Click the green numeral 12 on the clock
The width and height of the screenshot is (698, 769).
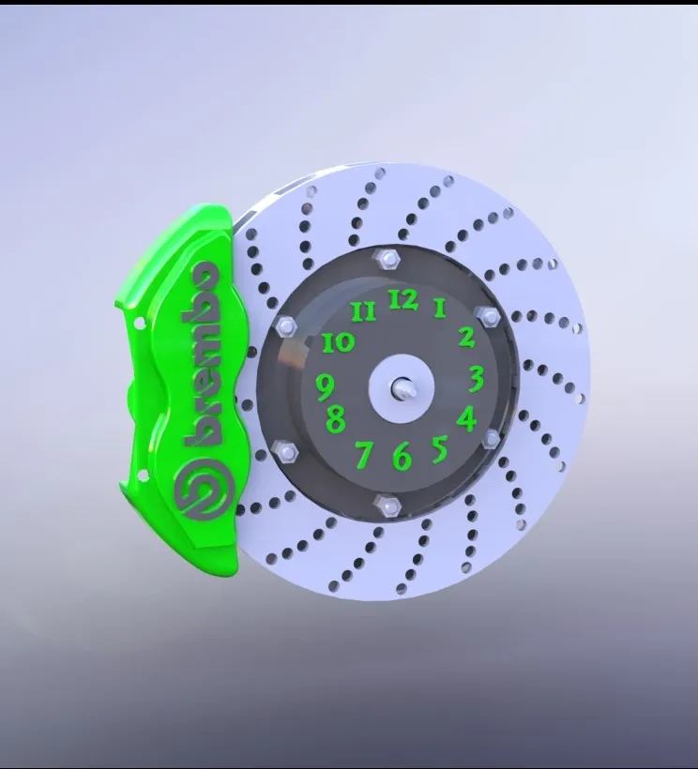(x=403, y=300)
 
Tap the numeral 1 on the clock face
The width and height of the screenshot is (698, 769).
(x=439, y=309)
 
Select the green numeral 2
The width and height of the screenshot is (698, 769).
(x=466, y=338)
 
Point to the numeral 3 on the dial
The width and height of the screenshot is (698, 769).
(x=477, y=379)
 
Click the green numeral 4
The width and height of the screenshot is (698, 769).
(x=466, y=418)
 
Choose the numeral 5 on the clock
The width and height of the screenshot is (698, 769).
(x=439, y=449)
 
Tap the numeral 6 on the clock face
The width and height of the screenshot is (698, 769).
(x=402, y=457)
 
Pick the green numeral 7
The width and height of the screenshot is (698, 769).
(x=365, y=455)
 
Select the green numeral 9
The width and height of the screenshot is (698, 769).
(x=326, y=384)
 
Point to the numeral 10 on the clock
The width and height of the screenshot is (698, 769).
(x=339, y=342)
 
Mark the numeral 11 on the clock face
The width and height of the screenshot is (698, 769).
(x=364, y=311)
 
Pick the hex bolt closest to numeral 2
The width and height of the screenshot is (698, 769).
(x=486, y=315)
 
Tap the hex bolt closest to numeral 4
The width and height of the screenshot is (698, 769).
(x=492, y=439)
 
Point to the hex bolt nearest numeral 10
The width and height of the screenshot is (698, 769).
(x=287, y=325)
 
